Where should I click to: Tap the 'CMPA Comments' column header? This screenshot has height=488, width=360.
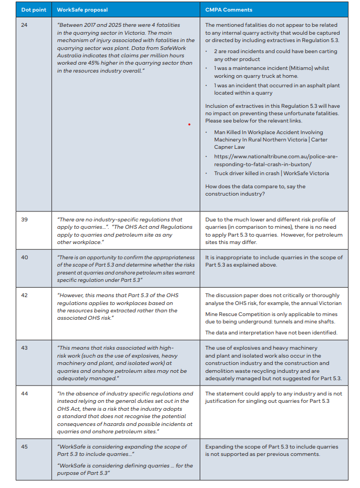point(229,9)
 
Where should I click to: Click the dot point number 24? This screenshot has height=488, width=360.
point(24,25)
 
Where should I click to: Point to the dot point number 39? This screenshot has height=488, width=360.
point(24,219)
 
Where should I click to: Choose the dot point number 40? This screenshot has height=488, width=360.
point(24,257)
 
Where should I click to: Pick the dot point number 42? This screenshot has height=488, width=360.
point(24,296)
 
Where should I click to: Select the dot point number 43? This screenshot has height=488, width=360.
point(24,348)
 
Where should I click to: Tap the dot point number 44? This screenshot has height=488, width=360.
point(24,393)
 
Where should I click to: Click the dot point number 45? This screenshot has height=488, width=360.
point(24,446)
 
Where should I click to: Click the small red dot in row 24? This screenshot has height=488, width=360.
point(189,125)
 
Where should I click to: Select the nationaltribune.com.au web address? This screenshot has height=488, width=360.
point(275,160)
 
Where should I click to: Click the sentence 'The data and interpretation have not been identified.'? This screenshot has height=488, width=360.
point(271,332)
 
